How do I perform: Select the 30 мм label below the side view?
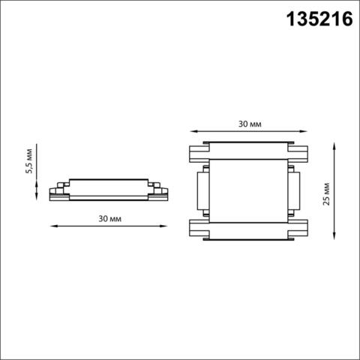pyautogui.click(x=109, y=218)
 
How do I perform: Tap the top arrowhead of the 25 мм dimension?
pyautogui.click(x=333, y=142)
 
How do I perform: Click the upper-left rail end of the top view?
pyautogui.click(x=196, y=152)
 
